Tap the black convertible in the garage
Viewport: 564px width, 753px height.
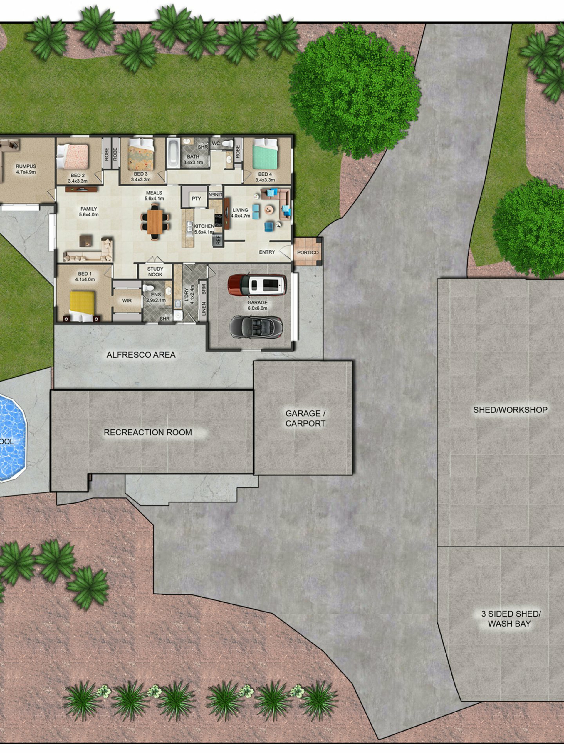256,326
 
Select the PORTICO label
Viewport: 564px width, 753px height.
308,252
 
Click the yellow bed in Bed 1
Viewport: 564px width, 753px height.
82,306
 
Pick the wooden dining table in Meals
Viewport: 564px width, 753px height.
155,221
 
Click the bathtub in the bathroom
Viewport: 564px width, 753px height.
173,153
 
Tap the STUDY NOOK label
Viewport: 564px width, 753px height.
155,271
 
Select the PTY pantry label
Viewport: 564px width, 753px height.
196,199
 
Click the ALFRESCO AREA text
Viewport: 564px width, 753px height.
141,355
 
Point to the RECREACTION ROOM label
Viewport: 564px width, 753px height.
148,432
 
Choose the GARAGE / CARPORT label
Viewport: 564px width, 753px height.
305,418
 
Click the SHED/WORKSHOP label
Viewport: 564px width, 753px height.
510,410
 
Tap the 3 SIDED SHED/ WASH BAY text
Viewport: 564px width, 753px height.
511,619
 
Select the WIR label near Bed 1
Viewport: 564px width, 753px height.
127,301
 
